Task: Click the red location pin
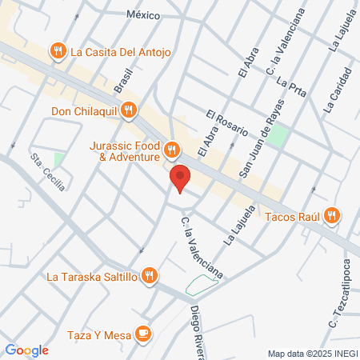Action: (x=180, y=178)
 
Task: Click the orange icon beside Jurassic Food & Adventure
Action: (x=170, y=150)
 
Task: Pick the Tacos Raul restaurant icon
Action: (x=333, y=214)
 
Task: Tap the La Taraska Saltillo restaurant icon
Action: (x=149, y=277)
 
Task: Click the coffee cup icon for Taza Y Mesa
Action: (x=143, y=332)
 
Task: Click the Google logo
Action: (x=27, y=350)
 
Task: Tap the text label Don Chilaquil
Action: (x=84, y=112)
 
